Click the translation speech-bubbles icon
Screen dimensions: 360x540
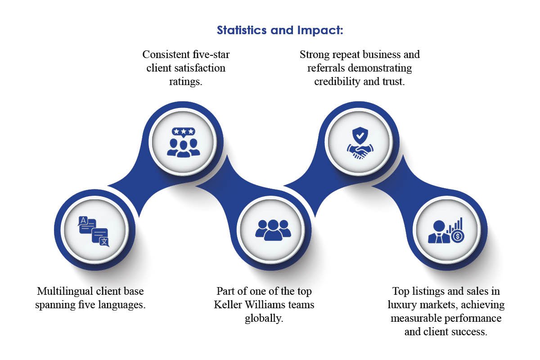(x=94, y=231)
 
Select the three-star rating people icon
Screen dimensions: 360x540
(x=183, y=141)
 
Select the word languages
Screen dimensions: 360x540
(x=121, y=305)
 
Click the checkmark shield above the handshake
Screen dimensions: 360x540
(x=360, y=134)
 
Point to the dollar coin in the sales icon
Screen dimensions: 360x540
(x=458, y=236)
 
